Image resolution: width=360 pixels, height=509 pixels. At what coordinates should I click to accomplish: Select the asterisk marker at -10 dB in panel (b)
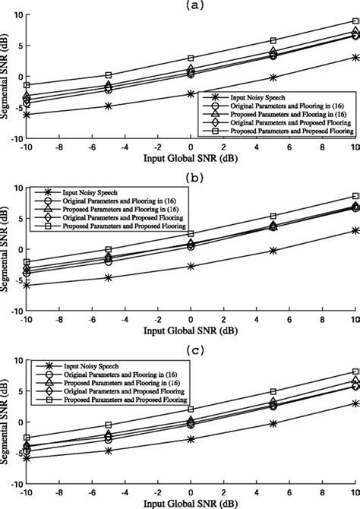click(27, 286)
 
